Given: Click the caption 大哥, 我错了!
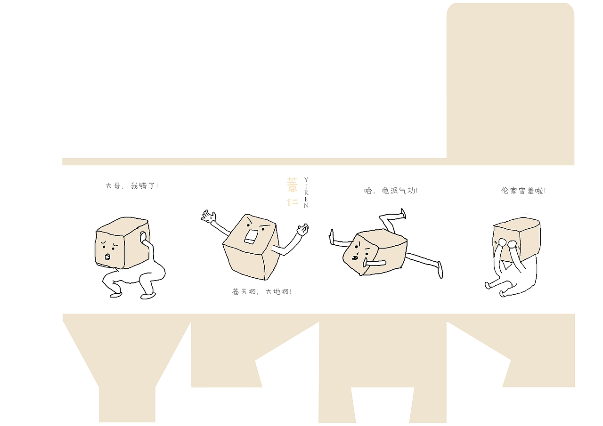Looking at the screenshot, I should point(132,186).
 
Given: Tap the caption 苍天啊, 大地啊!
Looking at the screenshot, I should point(261,292).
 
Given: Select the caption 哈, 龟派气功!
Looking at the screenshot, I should point(391,191).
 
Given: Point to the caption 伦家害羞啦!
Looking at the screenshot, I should point(523,191).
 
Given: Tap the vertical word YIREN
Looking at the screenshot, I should point(306,193).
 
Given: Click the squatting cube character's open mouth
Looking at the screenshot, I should point(107,257).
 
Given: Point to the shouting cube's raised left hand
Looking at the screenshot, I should point(208,217).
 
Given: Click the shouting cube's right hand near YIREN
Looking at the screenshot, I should point(302,230).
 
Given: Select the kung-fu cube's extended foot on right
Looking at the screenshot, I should point(440,270).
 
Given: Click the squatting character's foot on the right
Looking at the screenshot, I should point(148,296).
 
